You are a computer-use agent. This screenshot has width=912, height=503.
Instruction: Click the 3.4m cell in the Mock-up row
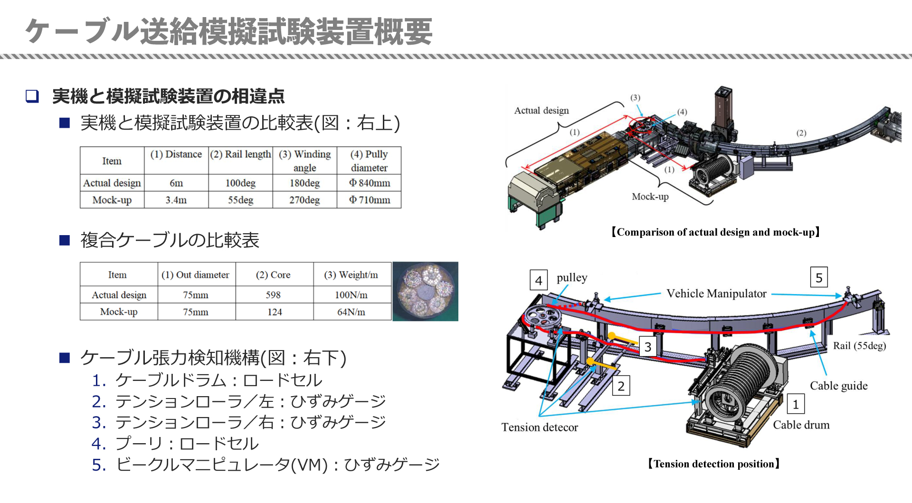click(x=176, y=200)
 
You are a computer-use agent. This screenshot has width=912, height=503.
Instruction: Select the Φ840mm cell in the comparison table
click(x=369, y=183)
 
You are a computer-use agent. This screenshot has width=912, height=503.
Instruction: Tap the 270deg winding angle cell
click(x=304, y=200)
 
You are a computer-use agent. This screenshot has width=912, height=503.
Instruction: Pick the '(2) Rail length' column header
click(x=240, y=154)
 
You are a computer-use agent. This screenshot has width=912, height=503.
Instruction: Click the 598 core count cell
click(x=273, y=295)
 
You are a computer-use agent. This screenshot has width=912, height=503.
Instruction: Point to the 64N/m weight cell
click(x=351, y=312)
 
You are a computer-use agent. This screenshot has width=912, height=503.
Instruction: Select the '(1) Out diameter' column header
click(x=195, y=275)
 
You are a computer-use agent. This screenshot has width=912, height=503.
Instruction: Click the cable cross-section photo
click(x=425, y=291)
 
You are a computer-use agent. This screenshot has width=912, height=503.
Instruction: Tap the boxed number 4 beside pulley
click(x=538, y=280)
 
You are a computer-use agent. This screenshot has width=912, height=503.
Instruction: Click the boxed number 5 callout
click(x=818, y=278)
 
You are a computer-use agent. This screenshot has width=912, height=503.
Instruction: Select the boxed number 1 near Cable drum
click(x=796, y=404)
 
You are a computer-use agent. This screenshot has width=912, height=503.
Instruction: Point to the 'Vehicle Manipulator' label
click(x=716, y=294)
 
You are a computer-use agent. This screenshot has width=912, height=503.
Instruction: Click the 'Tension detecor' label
click(x=540, y=427)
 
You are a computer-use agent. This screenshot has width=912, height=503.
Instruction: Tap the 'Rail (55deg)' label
click(x=859, y=346)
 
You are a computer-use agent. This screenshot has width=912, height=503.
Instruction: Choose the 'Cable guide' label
click(x=838, y=386)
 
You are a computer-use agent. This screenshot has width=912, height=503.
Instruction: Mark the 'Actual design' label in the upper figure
click(x=541, y=111)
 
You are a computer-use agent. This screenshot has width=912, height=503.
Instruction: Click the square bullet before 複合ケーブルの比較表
click(x=65, y=240)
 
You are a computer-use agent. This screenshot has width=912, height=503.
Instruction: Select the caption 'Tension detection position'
click(x=713, y=464)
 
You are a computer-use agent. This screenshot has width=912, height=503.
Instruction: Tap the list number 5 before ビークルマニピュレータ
click(x=99, y=465)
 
